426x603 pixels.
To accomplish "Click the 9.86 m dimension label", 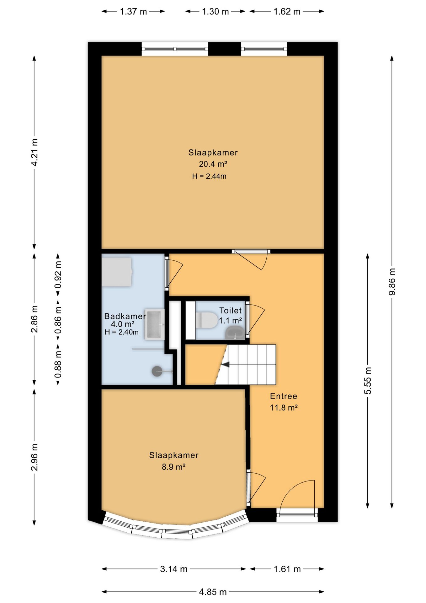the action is click(x=392, y=282).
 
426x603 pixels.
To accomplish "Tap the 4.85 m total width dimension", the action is click(x=213, y=592).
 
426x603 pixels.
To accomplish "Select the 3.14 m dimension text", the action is click(x=174, y=569).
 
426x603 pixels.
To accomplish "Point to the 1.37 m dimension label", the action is click(x=133, y=12).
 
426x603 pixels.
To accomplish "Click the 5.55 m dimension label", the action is click(x=368, y=380).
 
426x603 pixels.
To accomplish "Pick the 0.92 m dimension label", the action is click(x=58, y=275).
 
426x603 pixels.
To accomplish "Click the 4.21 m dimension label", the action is click(x=35, y=152).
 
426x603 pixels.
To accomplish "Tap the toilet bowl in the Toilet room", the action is click(x=206, y=320).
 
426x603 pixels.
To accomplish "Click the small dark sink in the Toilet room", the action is click(x=235, y=333).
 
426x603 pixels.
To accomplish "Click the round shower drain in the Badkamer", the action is click(x=157, y=371).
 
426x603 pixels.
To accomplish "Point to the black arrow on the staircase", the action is click(x=225, y=364).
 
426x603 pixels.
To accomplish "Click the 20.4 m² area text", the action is click(x=213, y=164).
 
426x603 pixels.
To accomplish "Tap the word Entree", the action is click(x=284, y=396).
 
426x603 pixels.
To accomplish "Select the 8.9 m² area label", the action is click(x=173, y=467).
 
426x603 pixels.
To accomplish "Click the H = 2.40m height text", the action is click(x=121, y=332).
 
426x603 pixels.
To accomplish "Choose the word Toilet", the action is click(x=231, y=311).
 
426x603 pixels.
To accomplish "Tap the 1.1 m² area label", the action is click(x=231, y=321).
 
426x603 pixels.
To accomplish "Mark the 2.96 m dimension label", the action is click(x=35, y=457).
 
